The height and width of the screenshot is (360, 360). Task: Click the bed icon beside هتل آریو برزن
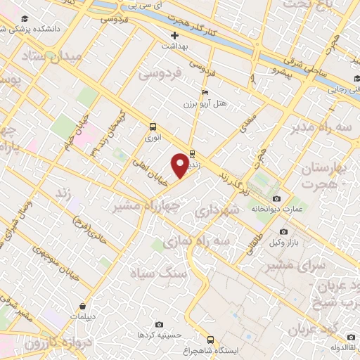coord(205,92)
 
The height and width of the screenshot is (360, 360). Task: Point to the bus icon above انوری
coord(153,127)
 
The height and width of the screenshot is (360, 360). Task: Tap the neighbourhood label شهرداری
coord(218,210)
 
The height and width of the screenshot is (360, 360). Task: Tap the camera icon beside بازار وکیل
coord(283,231)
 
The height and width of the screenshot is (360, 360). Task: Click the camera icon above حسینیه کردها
coord(160,324)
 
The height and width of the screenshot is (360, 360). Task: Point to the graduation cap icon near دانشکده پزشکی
coord(25,18)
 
